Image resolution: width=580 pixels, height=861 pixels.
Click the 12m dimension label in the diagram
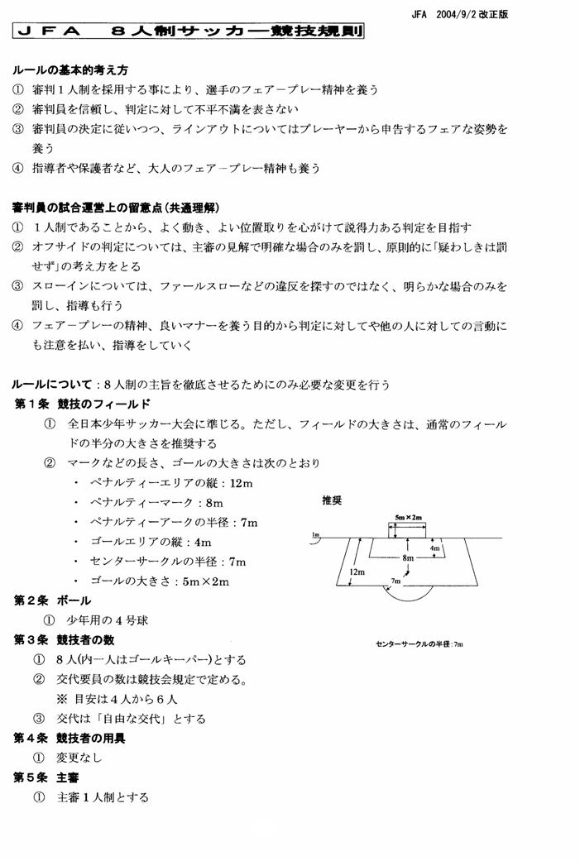click(x=357, y=572)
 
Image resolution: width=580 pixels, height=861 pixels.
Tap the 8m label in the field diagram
click(x=408, y=558)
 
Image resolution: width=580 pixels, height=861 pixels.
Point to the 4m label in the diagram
click(x=435, y=548)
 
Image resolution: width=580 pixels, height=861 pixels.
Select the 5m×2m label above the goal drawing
click(x=408, y=517)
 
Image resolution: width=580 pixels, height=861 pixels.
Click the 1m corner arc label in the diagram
click(x=315, y=534)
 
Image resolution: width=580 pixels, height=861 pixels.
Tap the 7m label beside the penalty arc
click(x=396, y=581)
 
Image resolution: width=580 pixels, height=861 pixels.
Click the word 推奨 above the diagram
click(x=333, y=500)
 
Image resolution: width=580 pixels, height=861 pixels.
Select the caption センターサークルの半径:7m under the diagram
click(x=419, y=643)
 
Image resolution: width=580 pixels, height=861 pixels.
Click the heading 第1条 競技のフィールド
click(x=82, y=404)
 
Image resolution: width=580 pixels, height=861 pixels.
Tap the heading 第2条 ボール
click(x=52, y=600)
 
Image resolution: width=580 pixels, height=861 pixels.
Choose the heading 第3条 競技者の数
click(x=64, y=639)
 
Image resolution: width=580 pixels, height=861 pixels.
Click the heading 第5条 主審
click(x=46, y=777)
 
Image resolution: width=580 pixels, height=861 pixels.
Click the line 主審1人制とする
click(x=103, y=797)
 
